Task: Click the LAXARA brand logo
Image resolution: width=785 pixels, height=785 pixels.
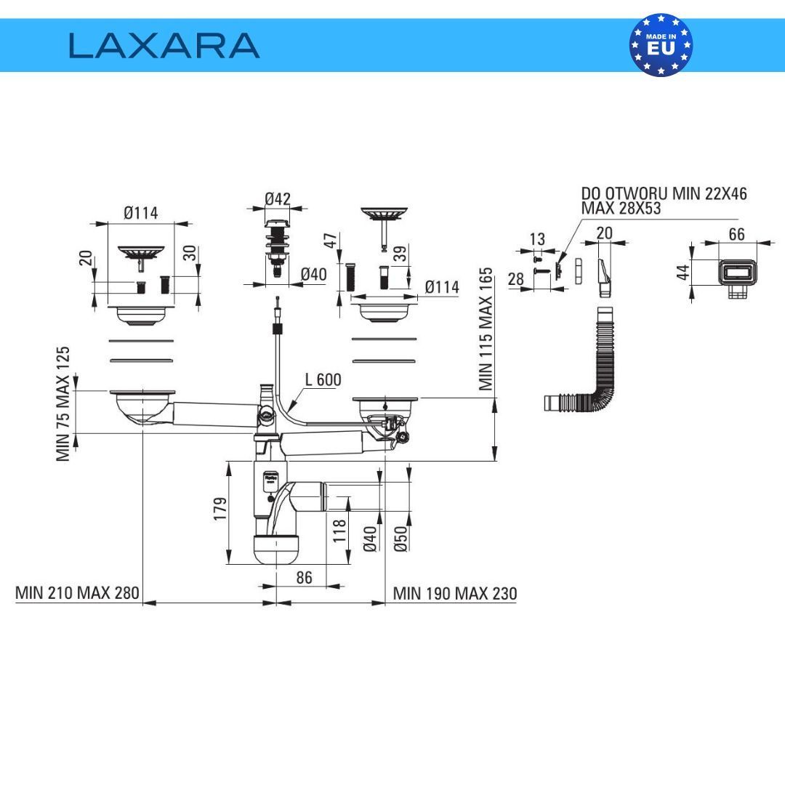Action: (164, 45)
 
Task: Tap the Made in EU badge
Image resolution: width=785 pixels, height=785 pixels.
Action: (661, 44)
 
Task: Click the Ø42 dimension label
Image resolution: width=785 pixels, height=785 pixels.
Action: (278, 198)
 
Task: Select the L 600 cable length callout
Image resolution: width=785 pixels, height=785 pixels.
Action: (323, 379)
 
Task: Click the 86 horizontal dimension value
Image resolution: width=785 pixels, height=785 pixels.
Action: (304, 578)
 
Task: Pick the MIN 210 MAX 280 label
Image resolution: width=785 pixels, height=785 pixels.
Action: (77, 593)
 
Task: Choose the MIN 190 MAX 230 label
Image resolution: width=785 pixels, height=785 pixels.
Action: (455, 593)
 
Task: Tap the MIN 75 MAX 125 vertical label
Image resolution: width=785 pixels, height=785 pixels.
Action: (64, 403)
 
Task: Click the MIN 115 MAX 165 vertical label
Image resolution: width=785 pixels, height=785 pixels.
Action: (486, 329)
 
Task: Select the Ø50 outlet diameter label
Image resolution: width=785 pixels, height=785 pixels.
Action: (400, 539)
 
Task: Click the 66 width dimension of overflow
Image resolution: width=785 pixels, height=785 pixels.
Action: (736, 234)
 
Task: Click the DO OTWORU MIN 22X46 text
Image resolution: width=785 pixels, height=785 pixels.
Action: (664, 193)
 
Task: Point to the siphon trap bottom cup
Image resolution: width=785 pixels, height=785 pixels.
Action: (277, 549)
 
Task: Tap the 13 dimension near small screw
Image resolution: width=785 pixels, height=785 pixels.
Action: (537, 239)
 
